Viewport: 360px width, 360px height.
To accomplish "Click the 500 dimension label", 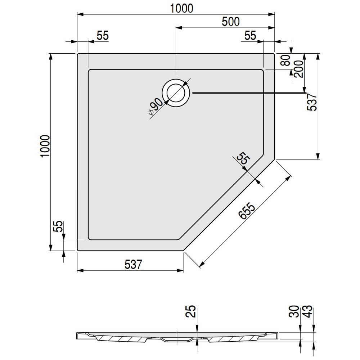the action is click(x=230, y=22).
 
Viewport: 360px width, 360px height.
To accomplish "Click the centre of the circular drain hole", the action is click(x=176, y=93).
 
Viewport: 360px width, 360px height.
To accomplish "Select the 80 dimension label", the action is click(x=286, y=60).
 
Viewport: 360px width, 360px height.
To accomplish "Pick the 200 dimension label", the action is click(x=298, y=69).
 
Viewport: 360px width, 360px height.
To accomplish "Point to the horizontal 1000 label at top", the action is click(x=181, y=9).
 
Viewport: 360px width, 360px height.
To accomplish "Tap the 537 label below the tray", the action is click(x=134, y=264).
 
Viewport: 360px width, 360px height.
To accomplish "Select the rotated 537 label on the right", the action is click(x=312, y=102).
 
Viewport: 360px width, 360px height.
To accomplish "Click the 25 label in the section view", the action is click(x=190, y=311).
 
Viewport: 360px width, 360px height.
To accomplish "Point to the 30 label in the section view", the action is click(x=294, y=311).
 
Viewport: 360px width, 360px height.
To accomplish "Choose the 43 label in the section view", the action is click(x=308, y=311).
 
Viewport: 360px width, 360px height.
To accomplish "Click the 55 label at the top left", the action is click(x=102, y=36).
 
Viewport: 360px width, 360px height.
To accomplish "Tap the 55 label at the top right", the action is click(x=250, y=36).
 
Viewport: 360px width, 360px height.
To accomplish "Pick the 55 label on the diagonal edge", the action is click(x=243, y=158).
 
